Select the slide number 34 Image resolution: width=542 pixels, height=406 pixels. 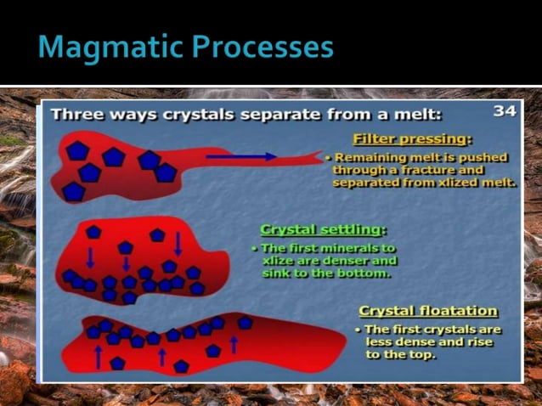point(505,110)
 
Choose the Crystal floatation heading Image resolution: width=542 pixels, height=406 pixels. point(428,311)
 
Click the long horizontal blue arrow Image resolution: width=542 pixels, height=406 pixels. point(241,156)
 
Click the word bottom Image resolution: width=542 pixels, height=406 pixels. point(367,273)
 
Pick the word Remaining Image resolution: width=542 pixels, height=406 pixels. point(368,157)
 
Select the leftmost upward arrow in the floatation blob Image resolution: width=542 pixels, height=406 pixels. point(99,357)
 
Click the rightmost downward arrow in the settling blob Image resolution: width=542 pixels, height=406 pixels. point(178,244)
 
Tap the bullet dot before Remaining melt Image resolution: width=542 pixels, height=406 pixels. point(329,157)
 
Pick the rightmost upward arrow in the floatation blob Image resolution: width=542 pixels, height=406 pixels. point(234,344)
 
